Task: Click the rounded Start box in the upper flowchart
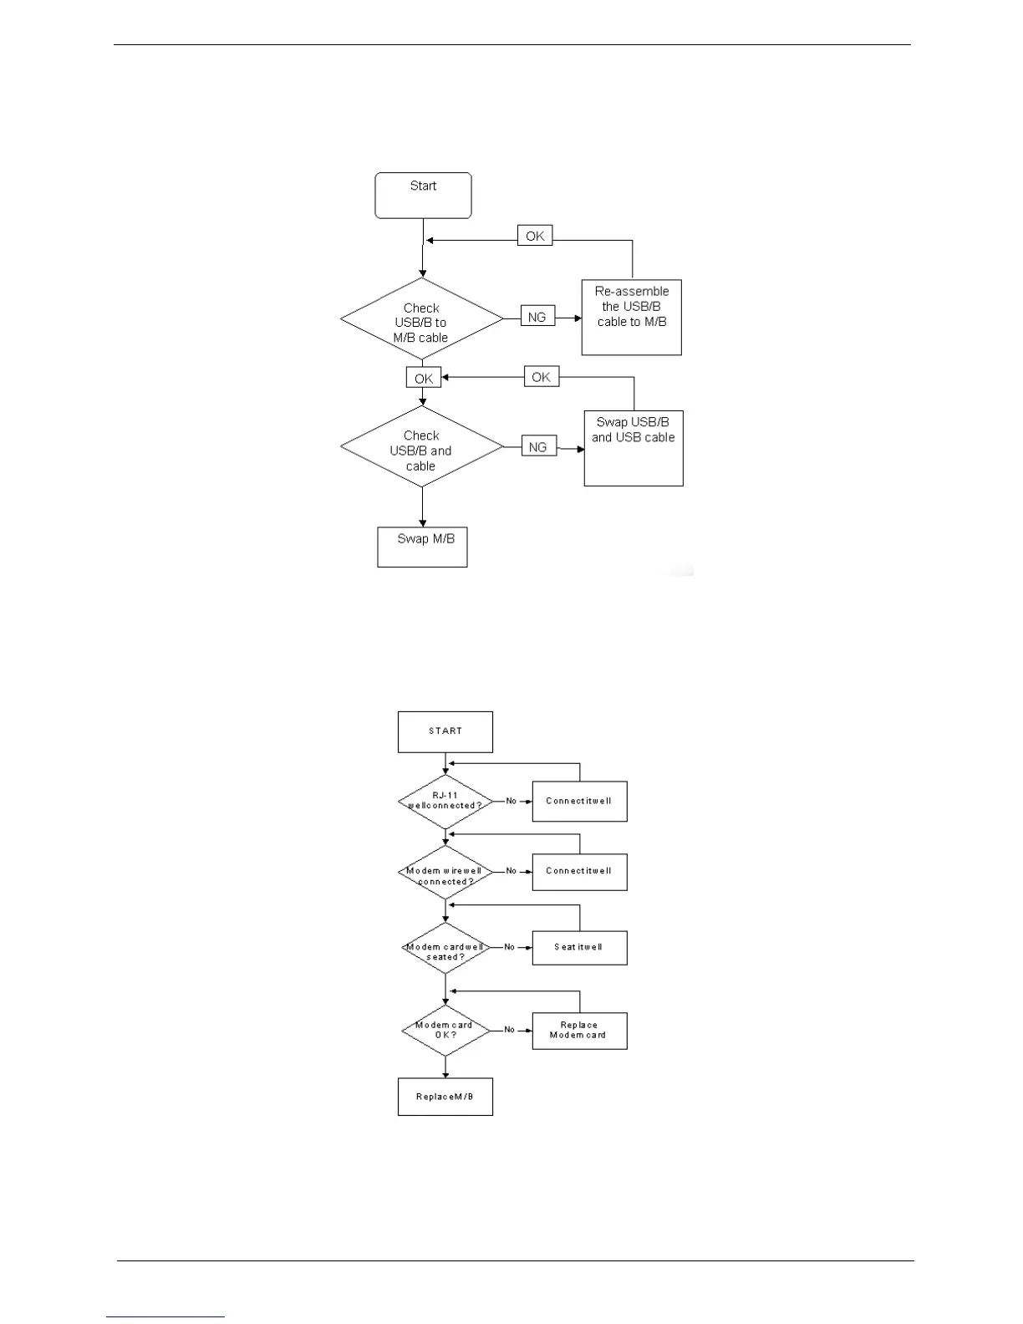coord(423,196)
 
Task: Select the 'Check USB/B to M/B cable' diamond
coord(422,320)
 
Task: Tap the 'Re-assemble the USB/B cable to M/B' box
coord(631,317)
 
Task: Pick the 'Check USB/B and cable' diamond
coord(422,447)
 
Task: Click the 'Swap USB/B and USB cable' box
coord(634,447)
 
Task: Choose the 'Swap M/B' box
coord(422,547)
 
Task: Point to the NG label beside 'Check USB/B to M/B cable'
coord(537,317)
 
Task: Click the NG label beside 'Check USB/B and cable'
coord(538,447)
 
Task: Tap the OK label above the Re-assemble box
coord(535,236)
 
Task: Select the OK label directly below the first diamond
coord(424,378)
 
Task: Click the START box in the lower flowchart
coord(445,731)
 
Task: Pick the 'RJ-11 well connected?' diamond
coord(445,802)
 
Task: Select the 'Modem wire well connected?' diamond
coord(445,873)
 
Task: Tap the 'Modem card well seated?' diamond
coord(445,948)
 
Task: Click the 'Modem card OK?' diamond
coord(445,1031)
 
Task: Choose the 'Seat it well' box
coord(579,948)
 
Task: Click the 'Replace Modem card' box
coord(579,1031)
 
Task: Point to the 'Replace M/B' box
coord(445,1097)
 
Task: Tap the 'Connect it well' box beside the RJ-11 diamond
coord(579,802)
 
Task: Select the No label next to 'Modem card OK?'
coord(510,1030)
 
